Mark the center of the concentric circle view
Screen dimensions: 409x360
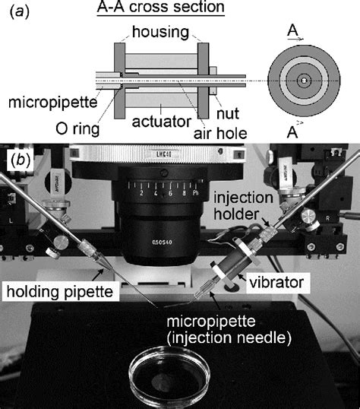click(x=303, y=80)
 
